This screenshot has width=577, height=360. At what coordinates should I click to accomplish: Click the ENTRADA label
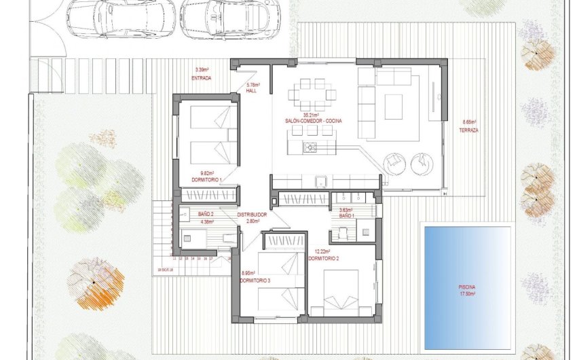[x=202, y=78]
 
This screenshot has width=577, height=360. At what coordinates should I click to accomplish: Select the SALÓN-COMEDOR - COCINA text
[x=314, y=120]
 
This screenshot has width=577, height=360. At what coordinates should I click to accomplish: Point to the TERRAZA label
[x=468, y=129]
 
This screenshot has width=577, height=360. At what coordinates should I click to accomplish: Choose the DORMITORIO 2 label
[x=324, y=259]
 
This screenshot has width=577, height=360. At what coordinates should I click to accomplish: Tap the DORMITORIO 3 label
[x=255, y=281]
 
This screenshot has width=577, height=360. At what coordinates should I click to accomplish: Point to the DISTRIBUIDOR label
[x=252, y=215]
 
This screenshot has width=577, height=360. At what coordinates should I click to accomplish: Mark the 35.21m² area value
[x=311, y=115]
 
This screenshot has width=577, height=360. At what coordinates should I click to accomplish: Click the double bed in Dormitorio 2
[x=339, y=291]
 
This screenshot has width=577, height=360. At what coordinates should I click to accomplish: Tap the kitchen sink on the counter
[x=323, y=181]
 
